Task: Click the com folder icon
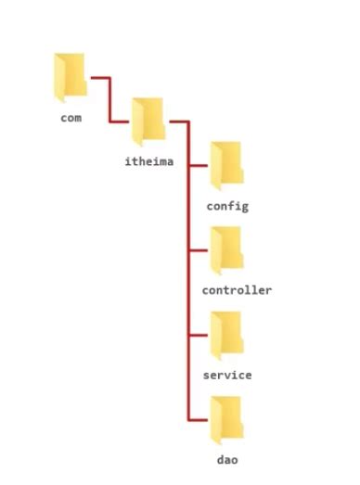click(71, 76)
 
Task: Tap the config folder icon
click(226, 164)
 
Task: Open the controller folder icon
click(226, 249)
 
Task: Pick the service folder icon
click(226, 335)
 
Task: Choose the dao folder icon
click(226, 420)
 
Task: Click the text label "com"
click(71, 118)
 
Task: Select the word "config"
click(226, 205)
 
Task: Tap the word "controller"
click(237, 290)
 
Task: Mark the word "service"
click(226, 376)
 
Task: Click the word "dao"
click(226, 461)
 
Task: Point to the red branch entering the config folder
click(199, 165)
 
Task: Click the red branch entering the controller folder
click(199, 250)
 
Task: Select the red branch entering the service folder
click(199, 336)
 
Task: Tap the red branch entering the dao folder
click(199, 421)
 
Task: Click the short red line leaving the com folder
click(99, 78)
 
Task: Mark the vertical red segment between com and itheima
click(110, 99)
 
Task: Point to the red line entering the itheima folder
click(122, 121)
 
